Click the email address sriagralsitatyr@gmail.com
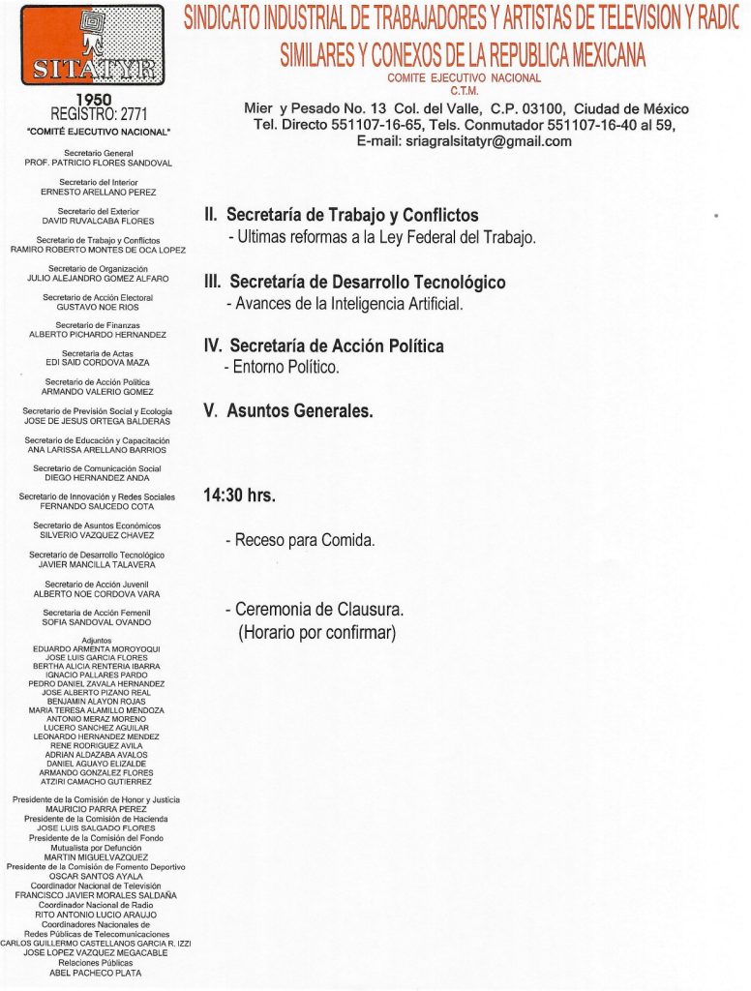pos(464,141)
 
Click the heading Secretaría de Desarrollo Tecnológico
pos(367,283)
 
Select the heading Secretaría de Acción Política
pos(337,345)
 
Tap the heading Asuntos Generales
pos(299,410)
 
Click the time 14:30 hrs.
pos(239,495)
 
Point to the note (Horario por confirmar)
pos(317,633)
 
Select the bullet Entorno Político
pos(286,368)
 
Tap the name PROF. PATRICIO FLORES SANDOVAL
pos(98,164)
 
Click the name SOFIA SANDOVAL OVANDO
pos(97,622)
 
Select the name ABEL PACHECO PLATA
pos(96,973)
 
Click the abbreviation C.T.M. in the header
pos(464,92)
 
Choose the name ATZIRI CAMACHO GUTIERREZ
pos(96,781)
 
